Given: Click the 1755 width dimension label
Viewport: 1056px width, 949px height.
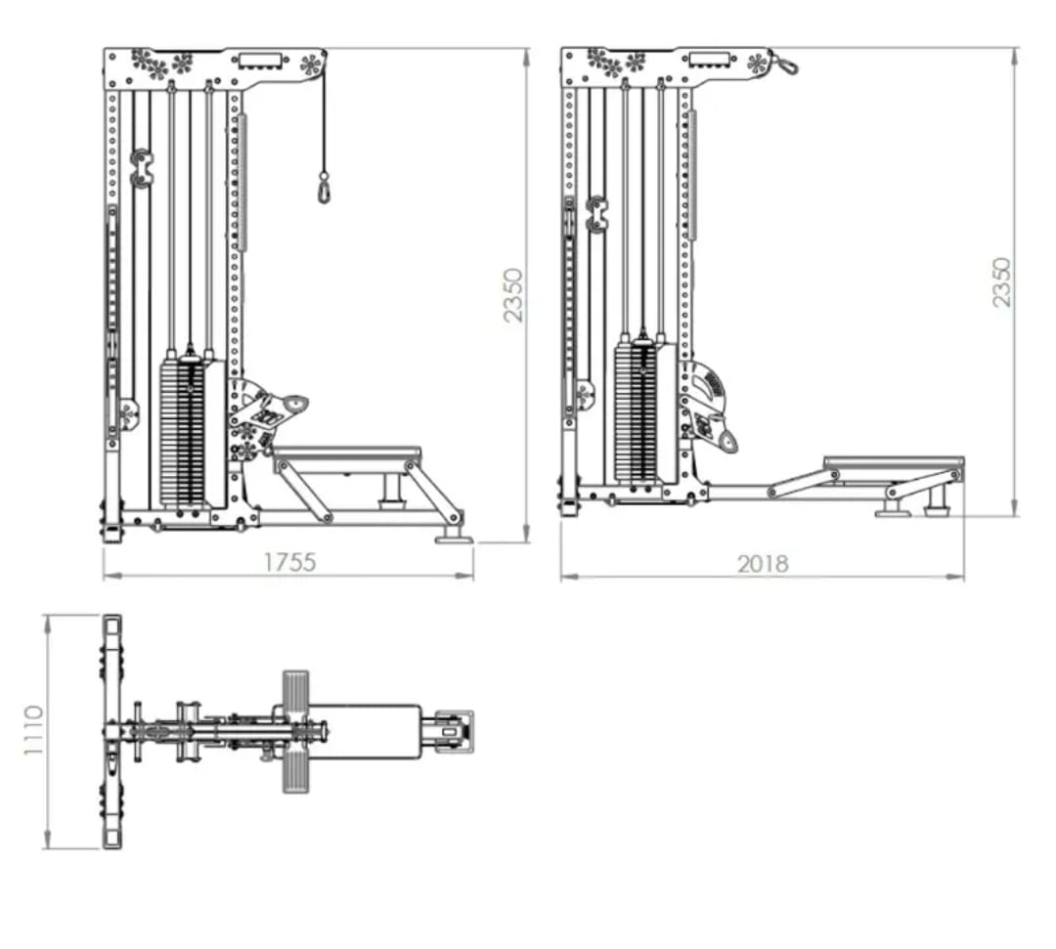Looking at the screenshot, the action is (288, 562).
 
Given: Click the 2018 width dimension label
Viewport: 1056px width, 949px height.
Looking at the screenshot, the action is (763, 563).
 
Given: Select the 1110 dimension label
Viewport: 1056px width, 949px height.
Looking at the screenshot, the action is (33, 730).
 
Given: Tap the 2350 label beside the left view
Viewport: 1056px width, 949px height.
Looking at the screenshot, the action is (513, 295).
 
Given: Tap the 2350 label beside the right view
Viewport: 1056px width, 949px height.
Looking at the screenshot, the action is (1002, 282).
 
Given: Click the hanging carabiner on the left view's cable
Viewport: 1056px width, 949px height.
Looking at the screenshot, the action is (324, 188).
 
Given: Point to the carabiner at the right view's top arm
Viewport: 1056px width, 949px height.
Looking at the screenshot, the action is (784, 64).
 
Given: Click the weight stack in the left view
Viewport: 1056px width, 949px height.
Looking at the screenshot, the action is (183, 434).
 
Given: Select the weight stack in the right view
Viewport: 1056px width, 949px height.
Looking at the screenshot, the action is (637, 413).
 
